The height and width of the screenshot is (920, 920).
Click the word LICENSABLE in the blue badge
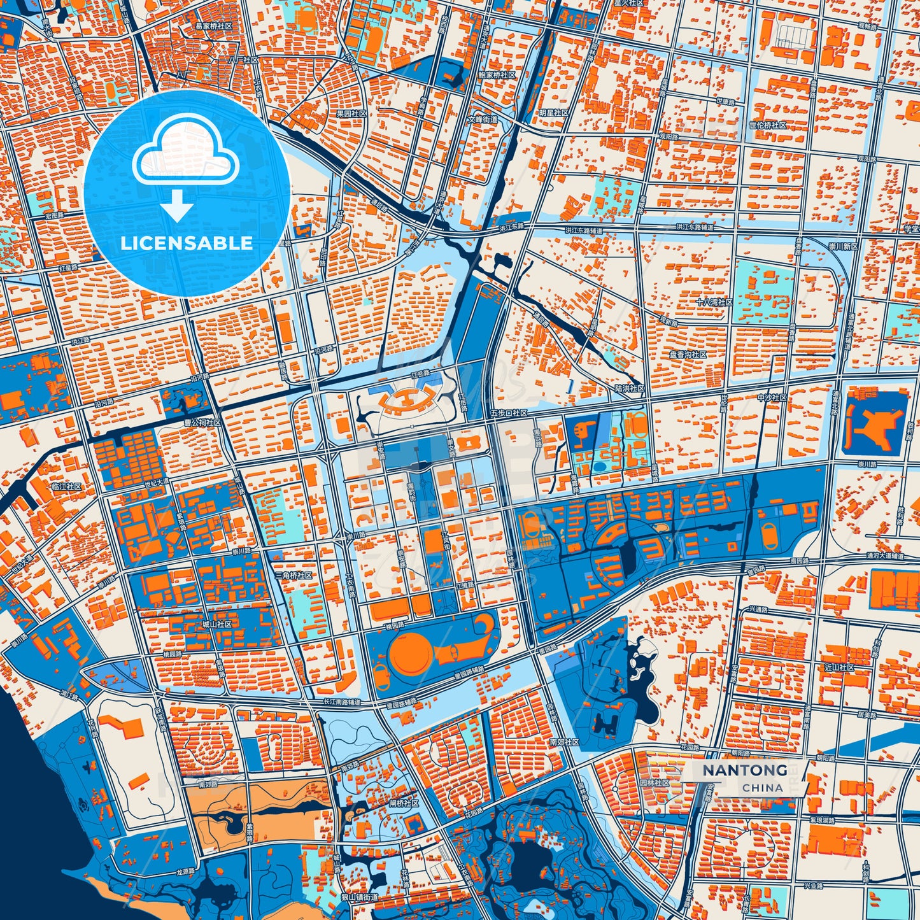[x=187, y=243]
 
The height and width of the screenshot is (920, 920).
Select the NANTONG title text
[x=744, y=770]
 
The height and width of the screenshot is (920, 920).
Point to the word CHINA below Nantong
[x=762, y=788]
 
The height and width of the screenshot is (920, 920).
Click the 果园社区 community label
[x=351, y=113]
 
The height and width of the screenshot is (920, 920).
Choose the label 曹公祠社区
[x=202, y=422]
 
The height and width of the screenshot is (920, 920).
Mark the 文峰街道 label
[x=483, y=119]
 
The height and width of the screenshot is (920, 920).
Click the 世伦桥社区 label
[x=768, y=125]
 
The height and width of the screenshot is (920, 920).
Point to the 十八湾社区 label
[x=714, y=302]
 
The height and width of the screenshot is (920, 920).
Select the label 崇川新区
[x=842, y=246]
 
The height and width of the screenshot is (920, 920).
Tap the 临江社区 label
[x=66, y=486]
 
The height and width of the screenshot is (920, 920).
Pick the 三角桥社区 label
[x=294, y=575]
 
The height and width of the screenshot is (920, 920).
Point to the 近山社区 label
[x=839, y=667]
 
